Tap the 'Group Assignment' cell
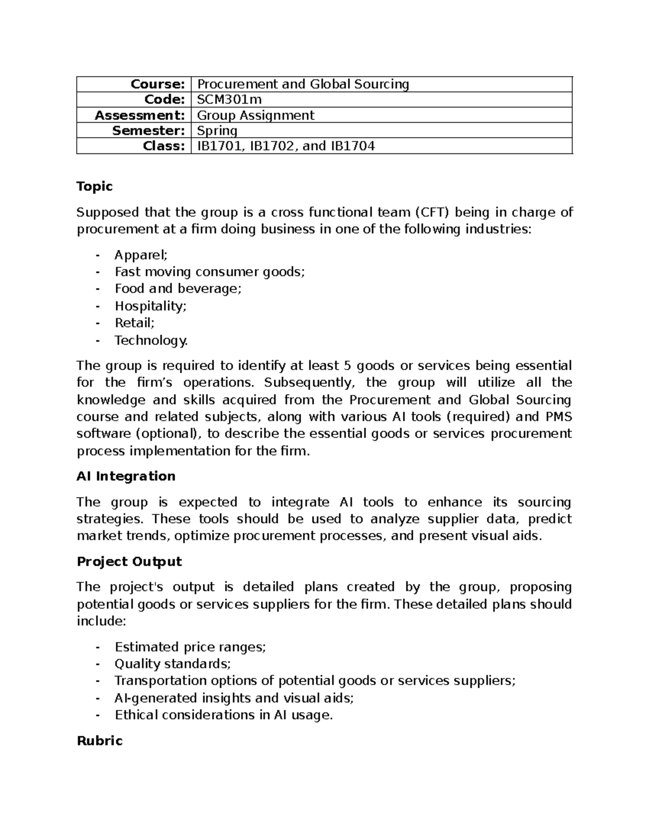point(255,115)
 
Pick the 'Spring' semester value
point(217,131)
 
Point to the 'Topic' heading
point(95,186)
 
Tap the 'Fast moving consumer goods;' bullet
point(210,272)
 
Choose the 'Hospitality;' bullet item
point(150,306)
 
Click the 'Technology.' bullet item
point(151,340)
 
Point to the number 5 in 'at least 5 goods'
point(347,366)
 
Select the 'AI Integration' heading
point(126,476)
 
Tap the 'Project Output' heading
point(129,561)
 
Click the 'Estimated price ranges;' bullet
point(190,647)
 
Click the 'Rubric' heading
point(100,741)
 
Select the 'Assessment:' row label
point(140,115)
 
